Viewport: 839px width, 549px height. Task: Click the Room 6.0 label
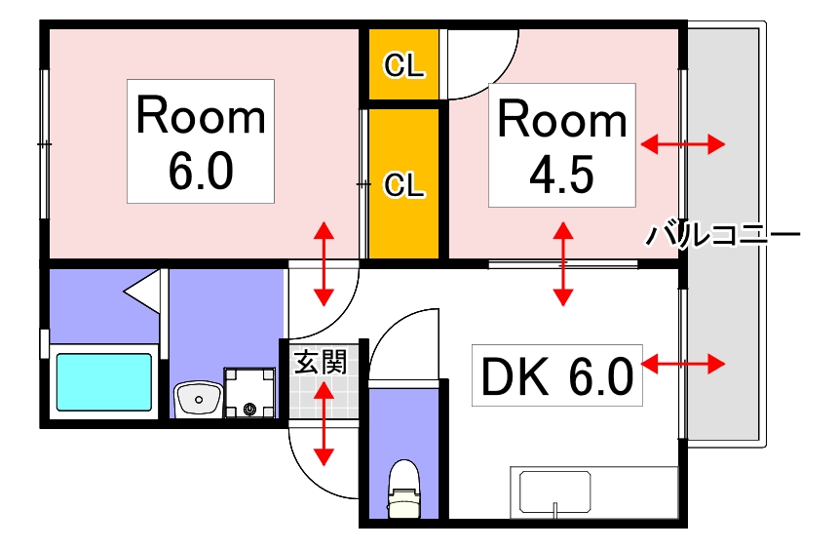tap(201, 141)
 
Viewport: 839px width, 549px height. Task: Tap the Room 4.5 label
tap(561, 144)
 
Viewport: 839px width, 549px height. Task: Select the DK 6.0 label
tap(555, 374)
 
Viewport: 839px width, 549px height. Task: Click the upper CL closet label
tap(403, 65)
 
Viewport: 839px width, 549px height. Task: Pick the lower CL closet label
tap(403, 184)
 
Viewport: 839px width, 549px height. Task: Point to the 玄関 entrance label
tap(320, 364)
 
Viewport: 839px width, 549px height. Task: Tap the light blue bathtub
tap(103, 381)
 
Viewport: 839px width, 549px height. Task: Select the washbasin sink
tap(198, 398)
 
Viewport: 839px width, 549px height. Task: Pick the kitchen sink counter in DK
tap(555, 492)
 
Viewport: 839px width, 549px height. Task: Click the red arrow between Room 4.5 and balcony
tap(683, 145)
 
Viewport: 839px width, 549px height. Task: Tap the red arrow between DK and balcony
tap(683, 365)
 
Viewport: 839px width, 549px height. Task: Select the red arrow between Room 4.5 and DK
tap(563, 263)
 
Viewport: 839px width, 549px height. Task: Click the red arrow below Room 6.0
tap(323, 263)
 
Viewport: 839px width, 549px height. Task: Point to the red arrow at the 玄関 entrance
tap(323, 423)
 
